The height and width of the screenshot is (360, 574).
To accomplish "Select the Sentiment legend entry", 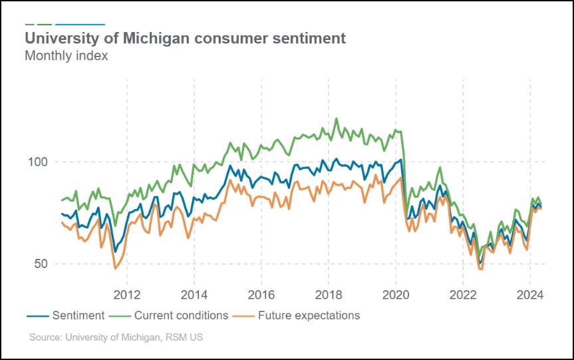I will coord(78,315).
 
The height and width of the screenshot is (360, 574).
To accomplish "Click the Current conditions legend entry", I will coord(181,315).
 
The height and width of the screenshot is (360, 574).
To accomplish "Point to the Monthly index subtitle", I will coord(66,56).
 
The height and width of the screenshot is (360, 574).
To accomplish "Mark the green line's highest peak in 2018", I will coord(336,118).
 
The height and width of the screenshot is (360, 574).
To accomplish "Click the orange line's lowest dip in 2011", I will coord(116,268).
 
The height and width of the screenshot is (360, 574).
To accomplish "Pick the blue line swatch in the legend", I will coord(36,315).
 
